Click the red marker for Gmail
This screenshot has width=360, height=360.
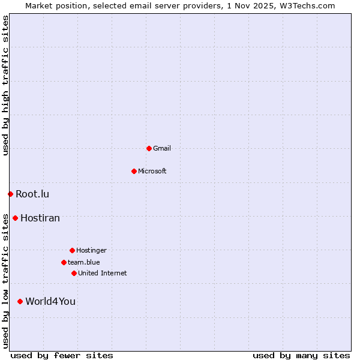[x=149, y=148]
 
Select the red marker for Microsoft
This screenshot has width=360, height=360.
[x=134, y=171]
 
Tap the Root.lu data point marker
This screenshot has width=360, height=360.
[x=10, y=194]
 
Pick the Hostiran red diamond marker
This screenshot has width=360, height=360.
[x=15, y=218]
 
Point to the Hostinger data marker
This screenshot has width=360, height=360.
[x=72, y=250]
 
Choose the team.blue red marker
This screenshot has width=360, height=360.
[x=64, y=262]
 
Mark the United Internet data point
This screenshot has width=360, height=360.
[x=74, y=273]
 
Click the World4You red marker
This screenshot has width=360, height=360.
[x=20, y=301]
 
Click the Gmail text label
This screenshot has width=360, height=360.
[x=162, y=148]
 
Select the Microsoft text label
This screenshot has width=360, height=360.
[x=152, y=171]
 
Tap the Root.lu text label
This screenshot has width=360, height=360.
[x=32, y=194]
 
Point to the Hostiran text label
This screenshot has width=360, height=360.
[x=40, y=218]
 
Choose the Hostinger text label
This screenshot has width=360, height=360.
[x=91, y=250]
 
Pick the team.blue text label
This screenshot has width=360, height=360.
[x=84, y=262]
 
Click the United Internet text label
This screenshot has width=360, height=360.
[x=103, y=273]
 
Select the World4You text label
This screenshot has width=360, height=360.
[x=50, y=301]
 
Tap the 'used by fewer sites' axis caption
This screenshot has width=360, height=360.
[x=62, y=355]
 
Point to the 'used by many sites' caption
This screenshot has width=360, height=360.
[x=301, y=355]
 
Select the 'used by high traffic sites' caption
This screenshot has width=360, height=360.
[x=5, y=85]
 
